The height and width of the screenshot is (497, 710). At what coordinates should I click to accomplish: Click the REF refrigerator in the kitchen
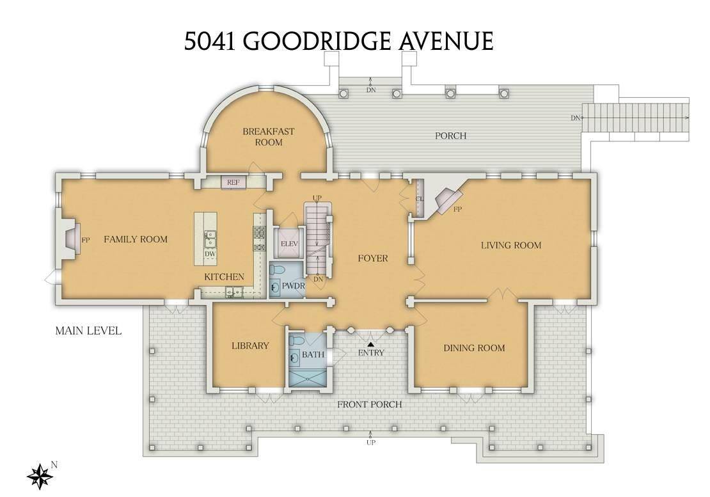tap(233, 182)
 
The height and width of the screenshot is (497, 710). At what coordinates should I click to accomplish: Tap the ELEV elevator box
tap(286, 244)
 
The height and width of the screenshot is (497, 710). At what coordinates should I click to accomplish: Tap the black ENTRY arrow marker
tap(370, 345)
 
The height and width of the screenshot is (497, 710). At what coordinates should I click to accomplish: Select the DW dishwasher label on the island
tap(209, 255)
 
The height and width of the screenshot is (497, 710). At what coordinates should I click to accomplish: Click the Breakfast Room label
tap(269, 137)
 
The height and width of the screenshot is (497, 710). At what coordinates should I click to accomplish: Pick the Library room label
tap(250, 346)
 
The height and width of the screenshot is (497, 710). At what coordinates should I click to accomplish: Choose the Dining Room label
tap(474, 348)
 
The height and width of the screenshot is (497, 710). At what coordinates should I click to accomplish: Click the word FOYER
tap(372, 258)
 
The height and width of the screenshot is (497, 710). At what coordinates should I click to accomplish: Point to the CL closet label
tap(420, 198)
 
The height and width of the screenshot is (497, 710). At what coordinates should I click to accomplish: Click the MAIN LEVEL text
tap(88, 331)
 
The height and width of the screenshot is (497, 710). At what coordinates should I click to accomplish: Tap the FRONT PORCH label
tap(370, 404)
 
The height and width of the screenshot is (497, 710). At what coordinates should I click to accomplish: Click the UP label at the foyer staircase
tap(316, 197)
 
